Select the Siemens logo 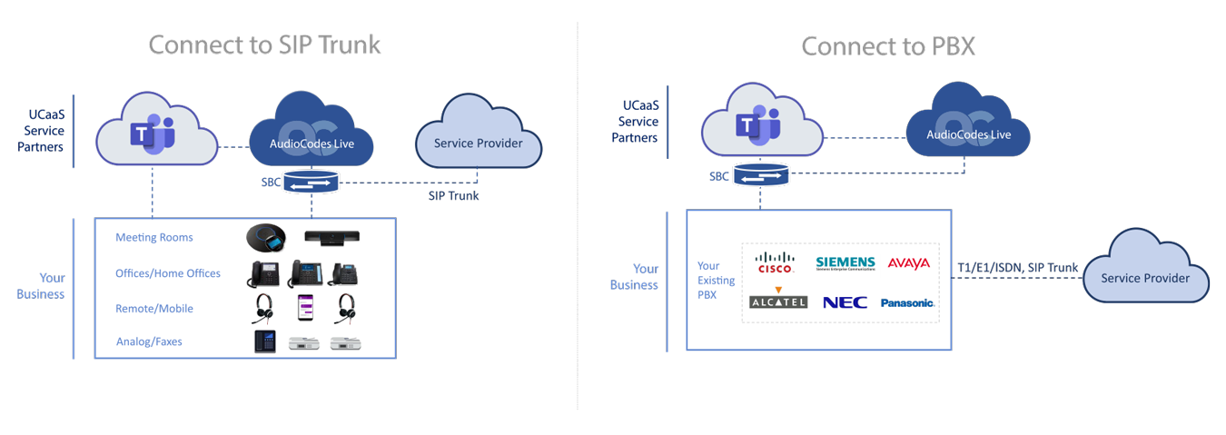pos(845,263)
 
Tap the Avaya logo pos(908,263)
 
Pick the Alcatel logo pos(778,300)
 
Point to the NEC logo pos(845,302)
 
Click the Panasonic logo pos(907,302)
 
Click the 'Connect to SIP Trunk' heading pos(264,44)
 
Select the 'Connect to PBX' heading pos(887,46)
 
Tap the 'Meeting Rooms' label pos(153,238)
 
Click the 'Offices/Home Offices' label pos(167,273)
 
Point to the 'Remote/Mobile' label pos(153,309)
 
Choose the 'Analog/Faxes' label pos(149,342)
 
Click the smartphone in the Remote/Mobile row pos(305,309)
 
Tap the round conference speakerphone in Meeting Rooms pos(267,238)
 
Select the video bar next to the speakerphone pos(331,238)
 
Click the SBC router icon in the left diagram pos(311,183)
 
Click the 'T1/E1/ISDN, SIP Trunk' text pos(1018,268)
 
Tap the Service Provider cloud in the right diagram pos(1144,275)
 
